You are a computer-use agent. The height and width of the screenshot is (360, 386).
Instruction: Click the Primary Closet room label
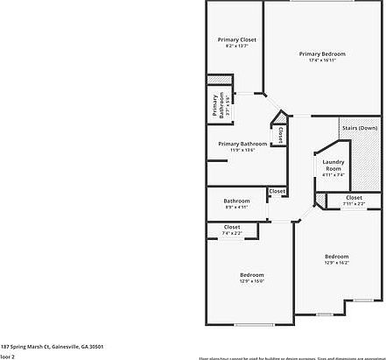pos(236,39)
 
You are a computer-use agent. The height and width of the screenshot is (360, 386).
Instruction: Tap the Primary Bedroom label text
pos(322,54)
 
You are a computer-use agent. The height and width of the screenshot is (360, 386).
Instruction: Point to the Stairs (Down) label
pos(359,128)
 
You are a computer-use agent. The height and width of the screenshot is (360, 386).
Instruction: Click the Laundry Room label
pos(333,165)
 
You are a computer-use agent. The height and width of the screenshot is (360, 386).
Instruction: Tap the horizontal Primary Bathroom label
pos(242,144)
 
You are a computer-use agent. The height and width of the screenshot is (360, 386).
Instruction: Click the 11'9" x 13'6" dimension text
pos(242,150)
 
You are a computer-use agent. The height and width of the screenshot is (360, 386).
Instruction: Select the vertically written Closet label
pos(279,136)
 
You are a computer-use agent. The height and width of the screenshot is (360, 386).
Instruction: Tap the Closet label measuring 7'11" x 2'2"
pos(354,198)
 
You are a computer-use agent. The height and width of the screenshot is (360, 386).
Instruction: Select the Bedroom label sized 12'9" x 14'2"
pos(337,257)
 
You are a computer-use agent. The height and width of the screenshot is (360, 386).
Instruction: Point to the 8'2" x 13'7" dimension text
pos(236,46)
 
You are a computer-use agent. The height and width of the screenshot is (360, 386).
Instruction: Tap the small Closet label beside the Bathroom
pos(277,191)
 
